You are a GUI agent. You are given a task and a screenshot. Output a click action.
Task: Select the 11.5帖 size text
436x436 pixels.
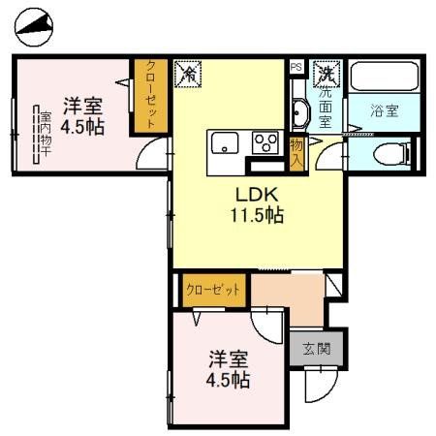click(255, 216)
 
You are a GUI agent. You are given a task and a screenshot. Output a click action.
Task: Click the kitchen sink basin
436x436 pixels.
click(222, 143)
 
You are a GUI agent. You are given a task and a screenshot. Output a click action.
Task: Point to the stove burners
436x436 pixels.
click(264, 143)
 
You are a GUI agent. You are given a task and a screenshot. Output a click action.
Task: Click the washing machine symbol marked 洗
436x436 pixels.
click(327, 74)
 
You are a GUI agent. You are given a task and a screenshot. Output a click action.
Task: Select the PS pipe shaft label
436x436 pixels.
click(296, 67)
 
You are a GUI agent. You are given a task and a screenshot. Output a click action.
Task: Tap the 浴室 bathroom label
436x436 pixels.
click(384, 110)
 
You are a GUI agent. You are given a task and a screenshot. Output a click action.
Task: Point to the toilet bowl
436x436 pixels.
click(389, 153)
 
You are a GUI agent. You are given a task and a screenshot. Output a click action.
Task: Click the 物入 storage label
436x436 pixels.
click(296, 151)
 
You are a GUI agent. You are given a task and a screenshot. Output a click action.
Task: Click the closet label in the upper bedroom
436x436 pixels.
click(151, 95)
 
